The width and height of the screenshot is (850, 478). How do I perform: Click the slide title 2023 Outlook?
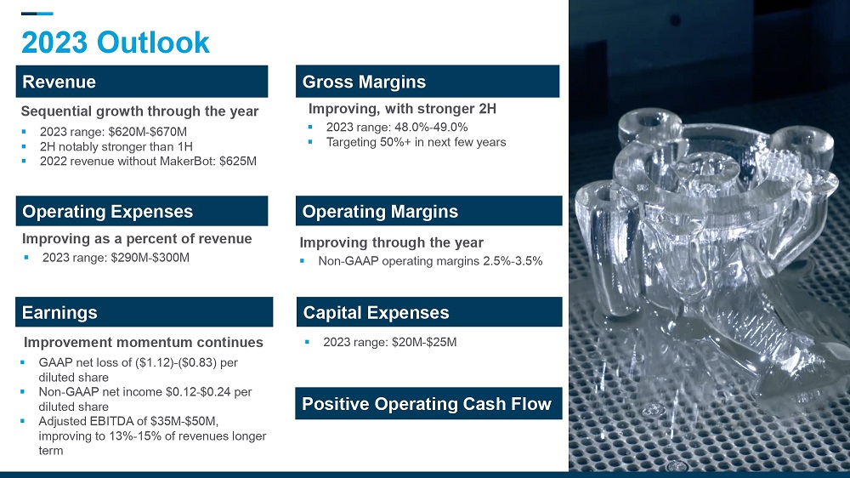click(115, 43)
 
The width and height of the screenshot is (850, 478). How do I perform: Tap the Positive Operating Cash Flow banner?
click(428, 403)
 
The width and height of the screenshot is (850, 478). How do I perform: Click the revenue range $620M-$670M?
click(147, 132)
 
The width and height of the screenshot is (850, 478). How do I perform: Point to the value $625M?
click(238, 161)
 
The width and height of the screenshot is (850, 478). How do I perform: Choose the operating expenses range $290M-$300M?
click(150, 258)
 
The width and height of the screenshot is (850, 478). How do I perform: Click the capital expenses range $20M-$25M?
click(423, 343)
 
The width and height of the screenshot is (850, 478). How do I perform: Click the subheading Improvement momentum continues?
click(143, 343)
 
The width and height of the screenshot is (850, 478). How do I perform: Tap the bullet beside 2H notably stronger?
click(24, 146)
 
